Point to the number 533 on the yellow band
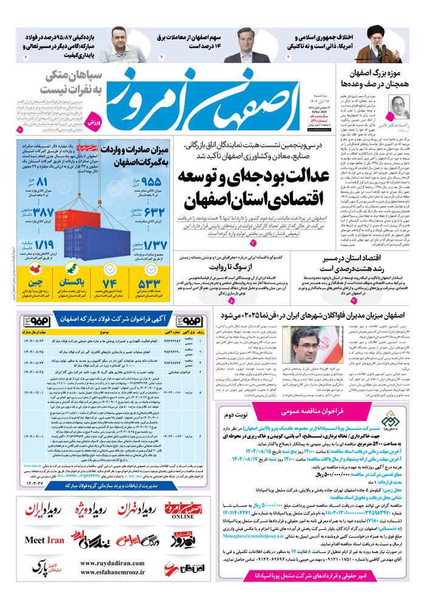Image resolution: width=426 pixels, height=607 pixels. [150, 283]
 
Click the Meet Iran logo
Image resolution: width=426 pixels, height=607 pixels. [44, 540]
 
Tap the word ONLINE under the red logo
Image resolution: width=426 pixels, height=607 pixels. [182, 517]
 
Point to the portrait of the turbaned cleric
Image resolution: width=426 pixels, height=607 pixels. [372, 43]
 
